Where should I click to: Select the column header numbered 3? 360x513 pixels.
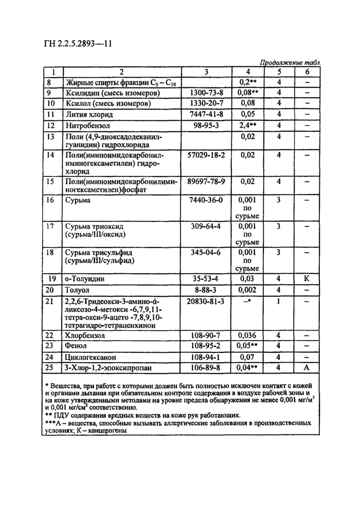[x=206, y=72]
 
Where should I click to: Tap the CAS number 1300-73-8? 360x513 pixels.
[x=206, y=93]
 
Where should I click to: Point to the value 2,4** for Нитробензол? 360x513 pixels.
[x=248, y=125]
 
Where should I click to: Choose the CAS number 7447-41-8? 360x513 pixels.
[x=206, y=114]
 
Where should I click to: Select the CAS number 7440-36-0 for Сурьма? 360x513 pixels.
[x=206, y=200]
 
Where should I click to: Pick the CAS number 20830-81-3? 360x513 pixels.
[x=206, y=301]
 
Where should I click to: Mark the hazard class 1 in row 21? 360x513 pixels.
[x=278, y=301]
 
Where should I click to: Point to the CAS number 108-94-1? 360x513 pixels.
[x=206, y=357]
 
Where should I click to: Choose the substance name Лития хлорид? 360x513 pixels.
[x=88, y=114]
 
